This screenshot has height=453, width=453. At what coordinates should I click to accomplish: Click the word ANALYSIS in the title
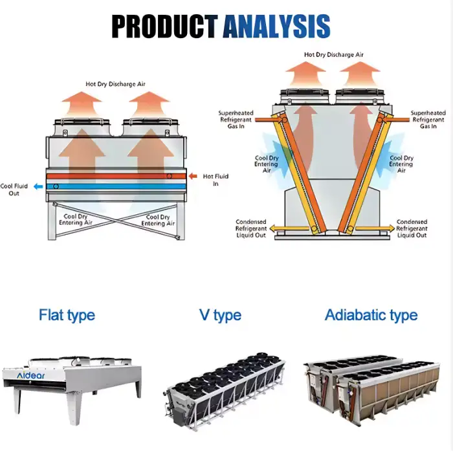coord(276,25)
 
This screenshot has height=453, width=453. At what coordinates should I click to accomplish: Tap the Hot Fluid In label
coord(215,179)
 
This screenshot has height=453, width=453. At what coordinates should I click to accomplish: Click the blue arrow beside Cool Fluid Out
coord(38,186)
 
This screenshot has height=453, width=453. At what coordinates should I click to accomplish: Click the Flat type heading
coord(67,315)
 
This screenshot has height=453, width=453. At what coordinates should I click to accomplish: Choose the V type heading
coord(220,315)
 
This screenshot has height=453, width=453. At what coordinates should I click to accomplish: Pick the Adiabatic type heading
coord(371,315)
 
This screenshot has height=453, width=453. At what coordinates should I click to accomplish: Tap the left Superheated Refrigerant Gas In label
coord(236,120)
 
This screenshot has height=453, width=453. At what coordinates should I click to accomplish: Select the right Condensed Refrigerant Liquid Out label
coord(412,228)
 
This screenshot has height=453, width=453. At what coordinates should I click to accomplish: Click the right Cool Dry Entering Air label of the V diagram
coord(401,164)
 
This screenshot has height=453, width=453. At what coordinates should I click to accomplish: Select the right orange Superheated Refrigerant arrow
coord(395,116)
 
